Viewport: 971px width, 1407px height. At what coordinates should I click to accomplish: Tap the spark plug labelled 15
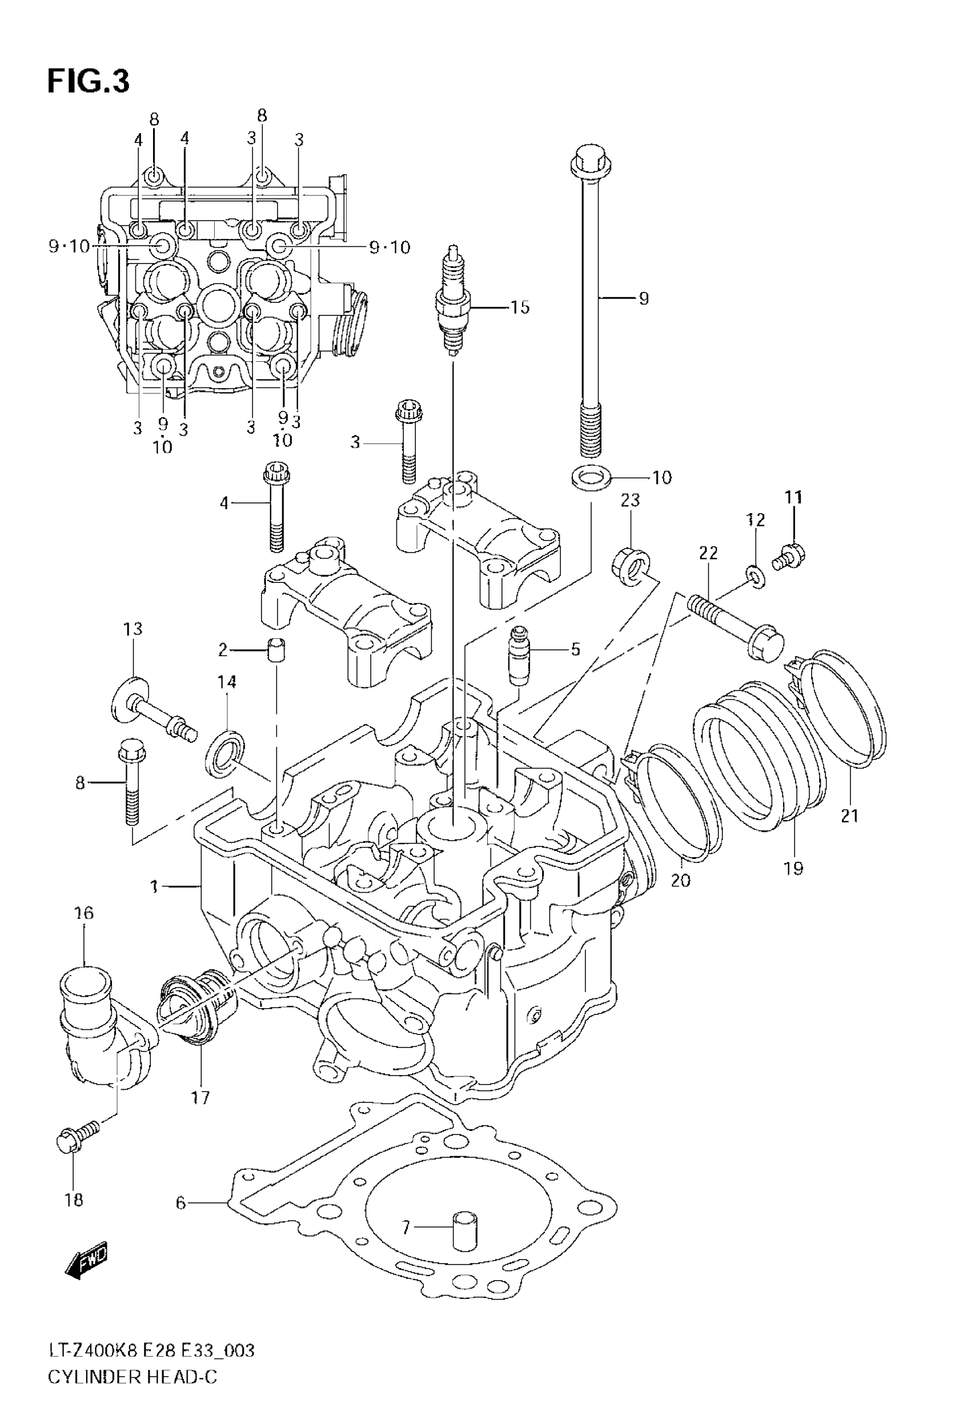point(452,301)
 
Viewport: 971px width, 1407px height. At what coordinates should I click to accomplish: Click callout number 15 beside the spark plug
point(520,307)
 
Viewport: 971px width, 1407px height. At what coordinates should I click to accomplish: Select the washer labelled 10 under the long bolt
point(591,478)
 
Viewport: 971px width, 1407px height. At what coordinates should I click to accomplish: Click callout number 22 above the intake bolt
point(708,553)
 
